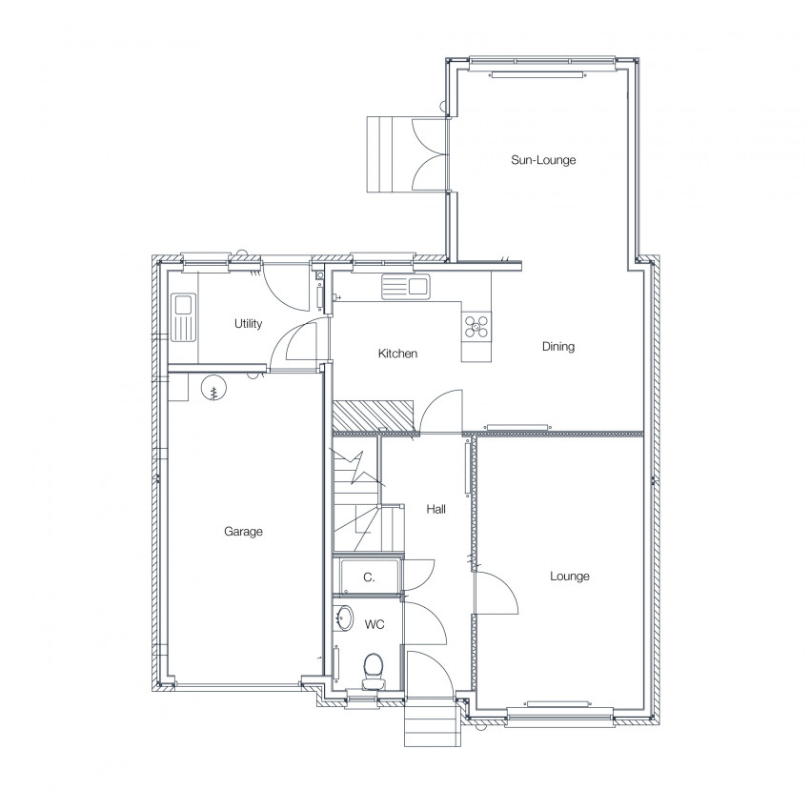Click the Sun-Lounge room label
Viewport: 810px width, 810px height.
click(x=543, y=160)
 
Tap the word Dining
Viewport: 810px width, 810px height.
click(x=557, y=347)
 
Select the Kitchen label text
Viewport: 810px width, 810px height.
click(x=397, y=354)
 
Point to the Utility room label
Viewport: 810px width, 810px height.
click(x=248, y=323)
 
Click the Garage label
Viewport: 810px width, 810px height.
click(x=243, y=532)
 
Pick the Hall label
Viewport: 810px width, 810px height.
click(x=436, y=510)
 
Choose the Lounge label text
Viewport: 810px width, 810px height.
click(x=569, y=576)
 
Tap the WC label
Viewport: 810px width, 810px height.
click(x=375, y=624)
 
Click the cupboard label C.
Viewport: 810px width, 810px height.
click(x=369, y=577)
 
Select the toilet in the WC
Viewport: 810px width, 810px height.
click(x=373, y=671)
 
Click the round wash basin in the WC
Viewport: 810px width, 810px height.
click(x=344, y=618)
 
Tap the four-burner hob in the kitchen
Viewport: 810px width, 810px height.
click(x=476, y=326)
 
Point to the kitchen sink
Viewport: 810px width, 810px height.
click(x=406, y=286)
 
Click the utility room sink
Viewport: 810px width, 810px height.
click(x=183, y=317)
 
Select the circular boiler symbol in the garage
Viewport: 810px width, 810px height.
click(x=213, y=387)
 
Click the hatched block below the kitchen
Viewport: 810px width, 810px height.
click(x=374, y=415)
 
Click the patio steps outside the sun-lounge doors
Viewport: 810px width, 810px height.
click(x=389, y=154)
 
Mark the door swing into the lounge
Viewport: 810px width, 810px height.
click(x=496, y=593)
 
